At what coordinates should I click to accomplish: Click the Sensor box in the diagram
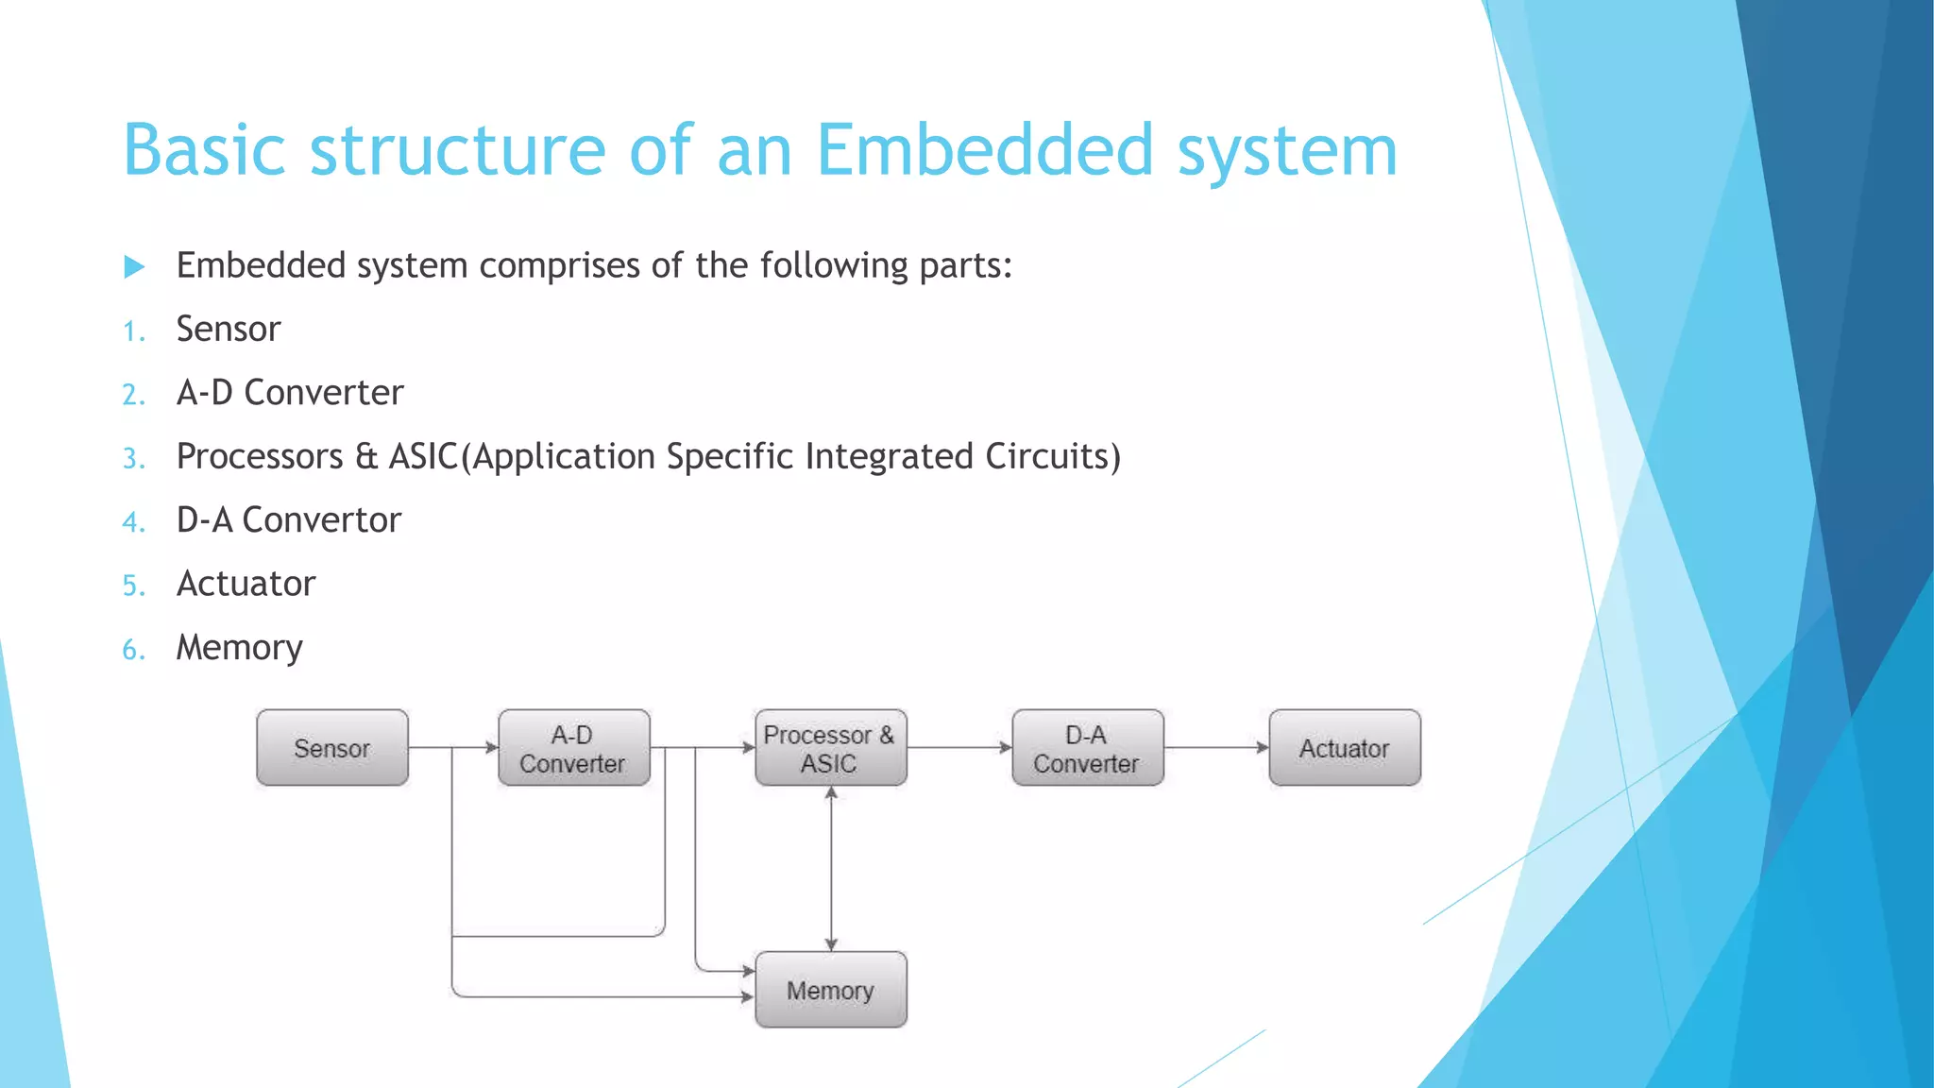(332, 748)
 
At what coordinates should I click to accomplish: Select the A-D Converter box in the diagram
(574, 748)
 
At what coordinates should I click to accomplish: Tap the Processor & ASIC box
(830, 748)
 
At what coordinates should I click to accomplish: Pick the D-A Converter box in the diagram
(1087, 748)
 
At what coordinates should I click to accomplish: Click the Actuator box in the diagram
(1344, 748)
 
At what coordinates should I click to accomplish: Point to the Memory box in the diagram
(830, 990)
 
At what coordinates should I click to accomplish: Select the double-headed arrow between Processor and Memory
(831, 869)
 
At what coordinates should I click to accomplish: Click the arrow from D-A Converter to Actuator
(1216, 747)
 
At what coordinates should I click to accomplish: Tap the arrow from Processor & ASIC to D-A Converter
(959, 747)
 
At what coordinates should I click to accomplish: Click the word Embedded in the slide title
(984, 151)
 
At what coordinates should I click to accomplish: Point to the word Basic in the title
(204, 151)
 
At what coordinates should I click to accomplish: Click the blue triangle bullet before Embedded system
(134, 267)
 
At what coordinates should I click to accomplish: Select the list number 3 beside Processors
(133, 459)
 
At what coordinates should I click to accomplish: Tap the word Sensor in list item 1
(229, 330)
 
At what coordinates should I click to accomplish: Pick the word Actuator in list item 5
(246, 584)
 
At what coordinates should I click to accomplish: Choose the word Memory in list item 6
(239, 649)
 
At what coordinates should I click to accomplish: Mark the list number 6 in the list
(133, 650)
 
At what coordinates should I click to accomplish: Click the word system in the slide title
(1287, 151)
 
